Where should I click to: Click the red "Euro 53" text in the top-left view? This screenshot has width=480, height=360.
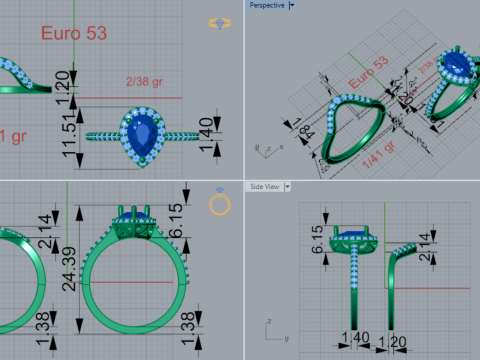(73, 33)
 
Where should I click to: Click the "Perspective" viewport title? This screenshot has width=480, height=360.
(265, 5)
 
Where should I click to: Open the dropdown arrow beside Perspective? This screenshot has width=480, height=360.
(291, 5)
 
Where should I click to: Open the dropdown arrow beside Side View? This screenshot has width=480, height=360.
(287, 186)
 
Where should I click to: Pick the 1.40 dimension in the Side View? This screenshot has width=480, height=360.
(356, 337)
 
